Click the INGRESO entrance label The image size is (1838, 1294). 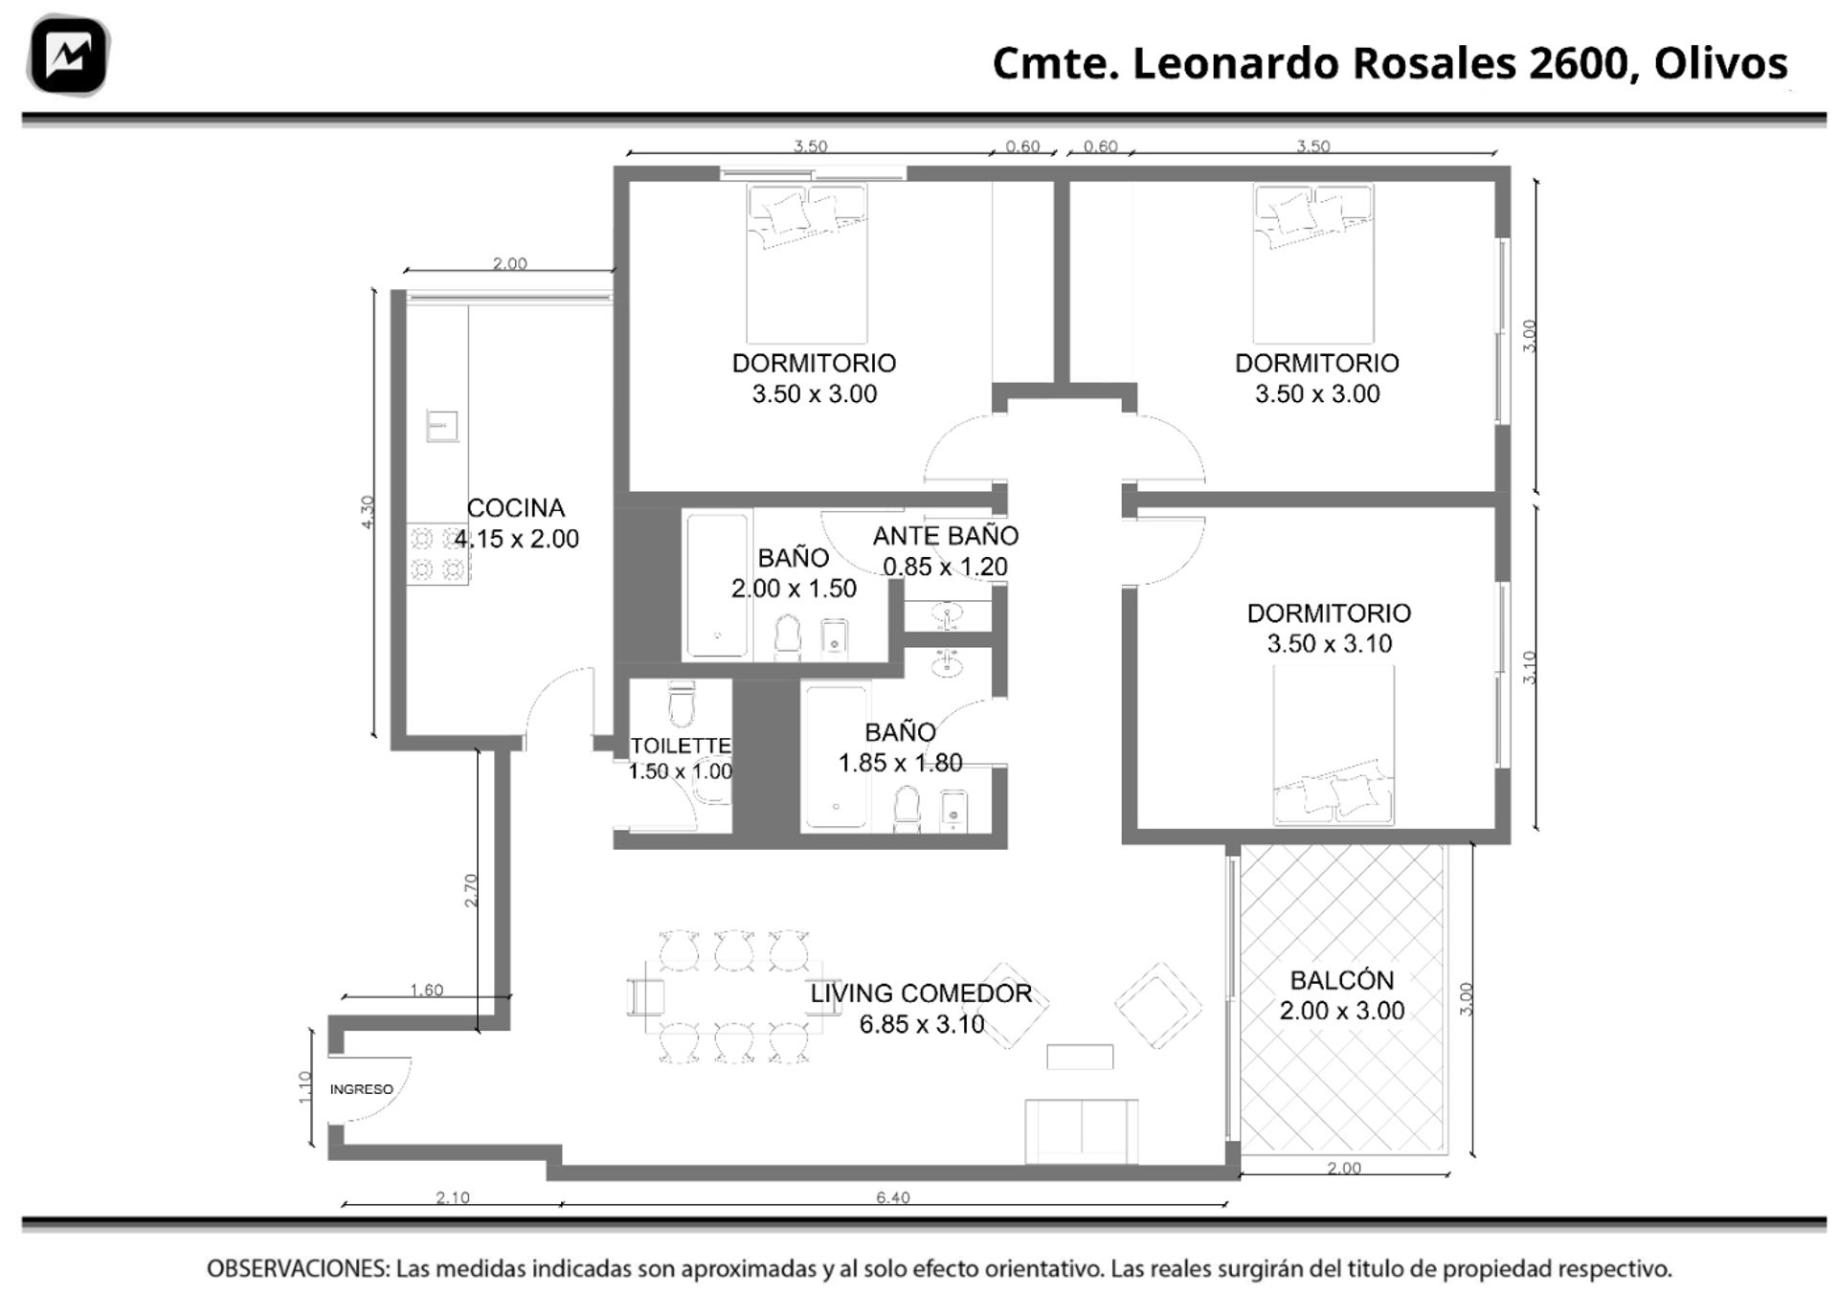361,1089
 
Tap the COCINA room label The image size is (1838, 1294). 515,508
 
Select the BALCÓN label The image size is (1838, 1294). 1341,979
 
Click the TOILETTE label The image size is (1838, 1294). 681,746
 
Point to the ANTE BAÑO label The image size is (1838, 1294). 945,536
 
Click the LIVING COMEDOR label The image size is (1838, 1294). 921,993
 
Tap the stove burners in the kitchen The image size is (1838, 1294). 437,554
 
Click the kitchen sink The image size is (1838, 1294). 441,426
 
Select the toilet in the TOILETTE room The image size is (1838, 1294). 682,703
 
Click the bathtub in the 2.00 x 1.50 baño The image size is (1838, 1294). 717,586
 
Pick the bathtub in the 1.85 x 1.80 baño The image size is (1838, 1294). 836,756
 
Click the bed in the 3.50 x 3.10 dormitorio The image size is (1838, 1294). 1333,745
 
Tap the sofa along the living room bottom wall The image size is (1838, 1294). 1081,1131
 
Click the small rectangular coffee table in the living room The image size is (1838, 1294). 1080,1057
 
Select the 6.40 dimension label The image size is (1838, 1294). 892,1197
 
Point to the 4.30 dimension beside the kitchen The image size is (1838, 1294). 369,512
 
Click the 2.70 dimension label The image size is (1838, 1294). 470,890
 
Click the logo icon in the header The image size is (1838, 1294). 68,56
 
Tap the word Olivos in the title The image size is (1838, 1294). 1720,63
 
